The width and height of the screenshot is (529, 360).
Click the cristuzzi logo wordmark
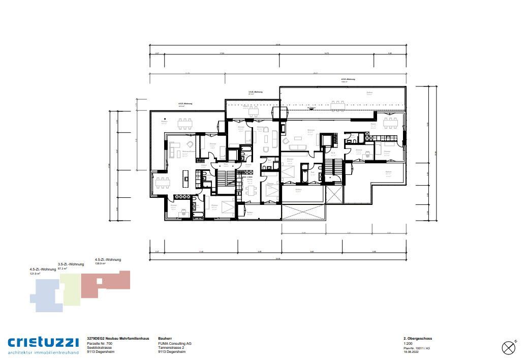(x=43, y=342)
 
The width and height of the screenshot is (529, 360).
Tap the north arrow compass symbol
(x=509, y=347)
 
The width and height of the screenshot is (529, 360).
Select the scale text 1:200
(x=408, y=344)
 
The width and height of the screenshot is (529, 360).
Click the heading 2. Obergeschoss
(x=417, y=339)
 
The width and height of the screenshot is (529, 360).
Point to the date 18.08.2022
(x=413, y=352)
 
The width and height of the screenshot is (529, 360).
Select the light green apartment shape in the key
(x=70, y=289)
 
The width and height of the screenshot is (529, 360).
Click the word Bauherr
(x=166, y=339)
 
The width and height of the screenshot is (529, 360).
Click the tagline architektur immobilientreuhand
(x=43, y=352)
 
